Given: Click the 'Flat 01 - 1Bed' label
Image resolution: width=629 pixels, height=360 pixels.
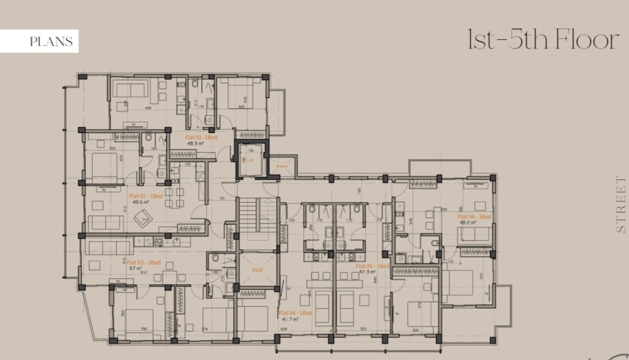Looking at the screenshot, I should click(x=201, y=138).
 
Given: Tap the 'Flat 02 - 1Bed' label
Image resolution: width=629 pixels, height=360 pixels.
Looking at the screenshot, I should click(x=146, y=196).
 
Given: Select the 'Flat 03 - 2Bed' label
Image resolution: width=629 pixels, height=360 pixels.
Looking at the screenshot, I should click(x=144, y=263).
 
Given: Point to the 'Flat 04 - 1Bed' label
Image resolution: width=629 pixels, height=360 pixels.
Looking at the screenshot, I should click(x=295, y=313).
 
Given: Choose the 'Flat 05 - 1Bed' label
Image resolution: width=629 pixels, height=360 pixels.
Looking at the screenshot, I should click(x=373, y=266).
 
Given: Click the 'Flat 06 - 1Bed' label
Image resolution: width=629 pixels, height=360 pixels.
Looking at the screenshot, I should click(x=475, y=217).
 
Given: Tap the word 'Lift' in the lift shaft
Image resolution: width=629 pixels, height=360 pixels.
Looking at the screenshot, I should click(x=250, y=161).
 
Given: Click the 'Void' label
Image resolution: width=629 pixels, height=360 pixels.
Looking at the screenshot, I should click(x=257, y=270).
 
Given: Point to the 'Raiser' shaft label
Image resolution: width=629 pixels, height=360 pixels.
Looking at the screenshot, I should click(x=282, y=166).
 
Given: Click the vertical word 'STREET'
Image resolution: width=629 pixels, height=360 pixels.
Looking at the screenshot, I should click(x=621, y=204).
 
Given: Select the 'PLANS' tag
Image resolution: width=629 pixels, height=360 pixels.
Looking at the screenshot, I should click(x=50, y=42).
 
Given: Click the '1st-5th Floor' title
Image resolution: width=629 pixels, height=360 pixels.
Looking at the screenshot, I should click(x=542, y=40).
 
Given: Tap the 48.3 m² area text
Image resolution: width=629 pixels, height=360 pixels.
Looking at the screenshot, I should click(x=196, y=144).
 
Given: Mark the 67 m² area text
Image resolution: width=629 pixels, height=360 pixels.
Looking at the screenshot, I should click(x=135, y=268).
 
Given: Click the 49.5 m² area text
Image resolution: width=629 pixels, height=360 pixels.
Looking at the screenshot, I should click(x=141, y=202).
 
